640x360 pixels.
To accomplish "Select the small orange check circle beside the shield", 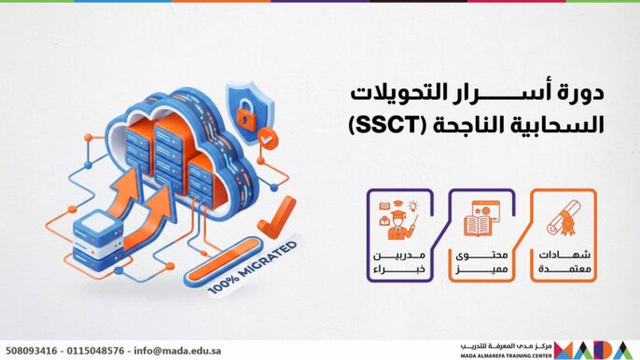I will (x=271, y=138).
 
